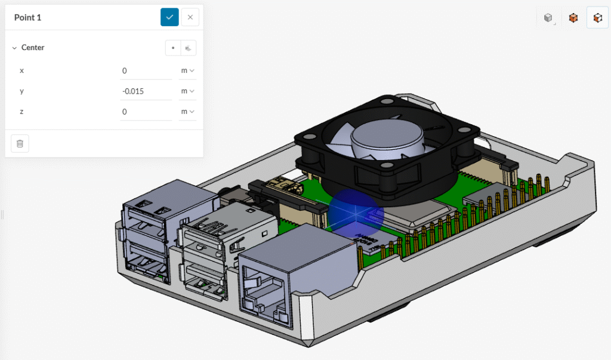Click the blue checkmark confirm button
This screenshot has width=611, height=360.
[169, 17]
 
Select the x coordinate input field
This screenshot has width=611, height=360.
[146, 70]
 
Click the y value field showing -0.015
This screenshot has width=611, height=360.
[146, 91]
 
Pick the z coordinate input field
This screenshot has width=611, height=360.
[146, 112]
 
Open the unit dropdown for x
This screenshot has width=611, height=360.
[188, 70]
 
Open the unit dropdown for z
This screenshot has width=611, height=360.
[188, 112]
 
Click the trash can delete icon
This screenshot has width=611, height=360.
[20, 143]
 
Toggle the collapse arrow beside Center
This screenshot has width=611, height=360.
[14, 48]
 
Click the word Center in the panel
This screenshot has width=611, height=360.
[33, 48]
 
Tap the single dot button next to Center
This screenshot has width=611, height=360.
[173, 48]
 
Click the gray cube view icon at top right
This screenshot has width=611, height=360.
[548, 18]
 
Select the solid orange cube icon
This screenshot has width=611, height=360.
[573, 18]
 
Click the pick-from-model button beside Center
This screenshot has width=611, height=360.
[189, 48]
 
